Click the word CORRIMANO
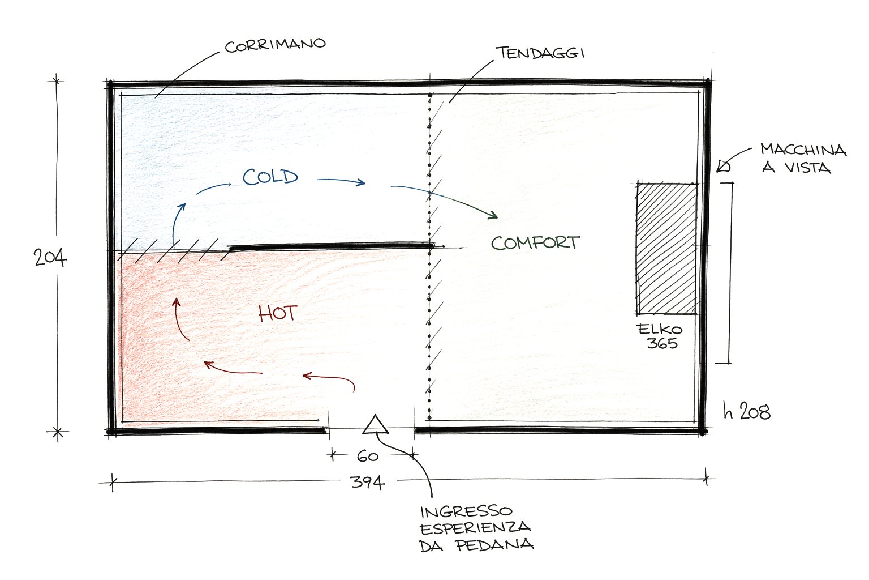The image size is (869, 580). [275, 45]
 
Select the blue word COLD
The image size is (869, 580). [270, 177]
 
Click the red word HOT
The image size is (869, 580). [278, 313]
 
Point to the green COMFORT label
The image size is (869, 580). [535, 243]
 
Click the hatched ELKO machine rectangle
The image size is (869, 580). [666, 248]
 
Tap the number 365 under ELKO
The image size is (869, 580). [662, 343]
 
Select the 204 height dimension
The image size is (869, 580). [50, 257]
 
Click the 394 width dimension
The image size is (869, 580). [367, 482]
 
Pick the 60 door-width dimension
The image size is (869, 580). [368, 456]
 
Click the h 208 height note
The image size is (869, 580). [747, 411]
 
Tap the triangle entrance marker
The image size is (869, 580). [375, 424]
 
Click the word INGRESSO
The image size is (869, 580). [466, 511]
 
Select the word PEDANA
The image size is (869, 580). [494, 545]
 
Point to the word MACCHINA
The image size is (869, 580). [803, 150]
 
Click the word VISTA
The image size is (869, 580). [808, 168]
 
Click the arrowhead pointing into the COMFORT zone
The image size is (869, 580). [493, 215]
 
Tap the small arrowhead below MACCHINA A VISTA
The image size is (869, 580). [722, 167]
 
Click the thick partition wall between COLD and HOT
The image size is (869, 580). [332, 246]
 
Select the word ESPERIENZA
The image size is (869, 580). [475, 528]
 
